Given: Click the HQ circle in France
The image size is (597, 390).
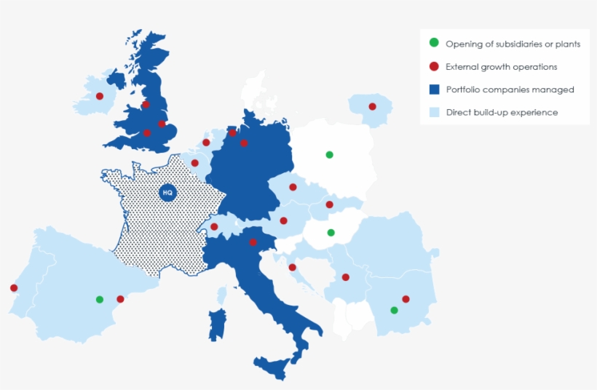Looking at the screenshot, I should (x=167, y=193).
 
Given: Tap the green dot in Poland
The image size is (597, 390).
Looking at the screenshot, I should (x=329, y=154).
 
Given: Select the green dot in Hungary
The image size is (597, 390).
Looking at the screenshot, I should (x=331, y=233).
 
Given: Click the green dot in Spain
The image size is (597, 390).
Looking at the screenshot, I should (x=100, y=299).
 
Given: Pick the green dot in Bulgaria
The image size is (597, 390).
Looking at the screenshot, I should (x=394, y=311).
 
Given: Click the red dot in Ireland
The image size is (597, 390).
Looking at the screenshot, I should (x=100, y=96).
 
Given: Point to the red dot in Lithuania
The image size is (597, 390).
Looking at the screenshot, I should (x=372, y=107).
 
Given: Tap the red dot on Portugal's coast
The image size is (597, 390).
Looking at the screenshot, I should (x=14, y=287).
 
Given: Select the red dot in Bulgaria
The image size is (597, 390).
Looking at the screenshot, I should (x=406, y=299).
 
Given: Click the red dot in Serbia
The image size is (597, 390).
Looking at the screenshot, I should (x=345, y=277).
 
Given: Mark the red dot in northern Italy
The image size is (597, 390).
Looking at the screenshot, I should (x=253, y=242).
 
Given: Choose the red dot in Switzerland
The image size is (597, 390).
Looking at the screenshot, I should (x=214, y=226).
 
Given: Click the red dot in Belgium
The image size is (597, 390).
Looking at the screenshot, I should (x=194, y=163).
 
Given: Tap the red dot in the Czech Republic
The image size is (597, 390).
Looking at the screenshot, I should (x=293, y=187).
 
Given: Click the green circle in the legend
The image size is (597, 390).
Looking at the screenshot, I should (x=434, y=44).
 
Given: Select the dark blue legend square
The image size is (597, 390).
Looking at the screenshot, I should (x=434, y=89).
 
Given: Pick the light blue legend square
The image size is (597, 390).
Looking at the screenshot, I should (x=434, y=112).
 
